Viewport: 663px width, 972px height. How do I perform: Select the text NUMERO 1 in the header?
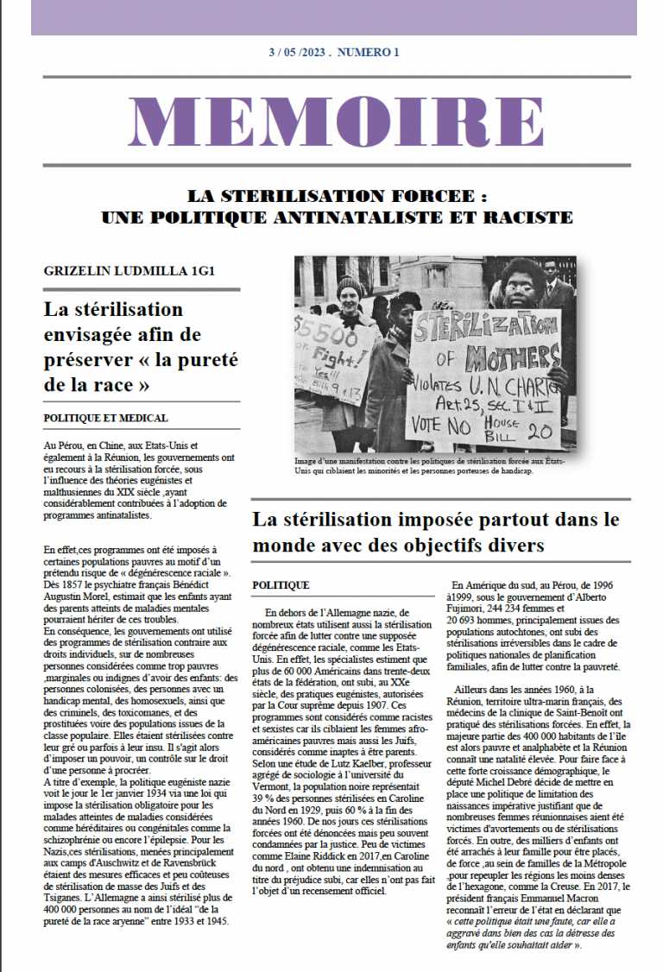pos(368,53)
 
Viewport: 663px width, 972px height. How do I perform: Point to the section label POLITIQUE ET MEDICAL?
pos(105,418)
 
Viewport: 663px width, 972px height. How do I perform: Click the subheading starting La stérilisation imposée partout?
pos(436,533)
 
